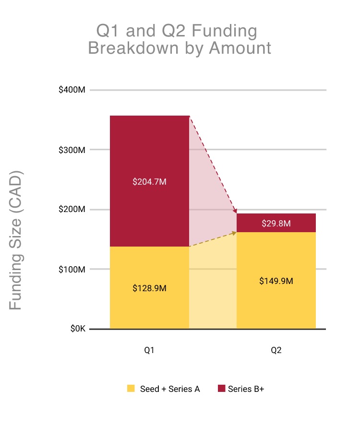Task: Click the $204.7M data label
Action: pyautogui.click(x=149, y=182)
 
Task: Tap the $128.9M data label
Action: pyautogui.click(x=149, y=289)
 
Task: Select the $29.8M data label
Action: pyautogui.click(x=276, y=223)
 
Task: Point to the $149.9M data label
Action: pyautogui.click(x=276, y=281)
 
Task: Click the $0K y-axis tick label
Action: pyautogui.click(x=77, y=330)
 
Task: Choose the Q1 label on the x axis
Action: pyautogui.click(x=149, y=351)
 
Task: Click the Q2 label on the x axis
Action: pyautogui.click(x=276, y=351)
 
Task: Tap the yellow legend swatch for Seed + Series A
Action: pyautogui.click(x=131, y=389)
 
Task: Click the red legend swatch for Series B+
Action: pyautogui.click(x=221, y=389)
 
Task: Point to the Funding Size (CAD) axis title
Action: pyautogui.click(x=16, y=240)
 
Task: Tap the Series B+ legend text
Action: pyautogui.click(x=246, y=389)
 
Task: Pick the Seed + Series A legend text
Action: pyautogui.click(x=170, y=389)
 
